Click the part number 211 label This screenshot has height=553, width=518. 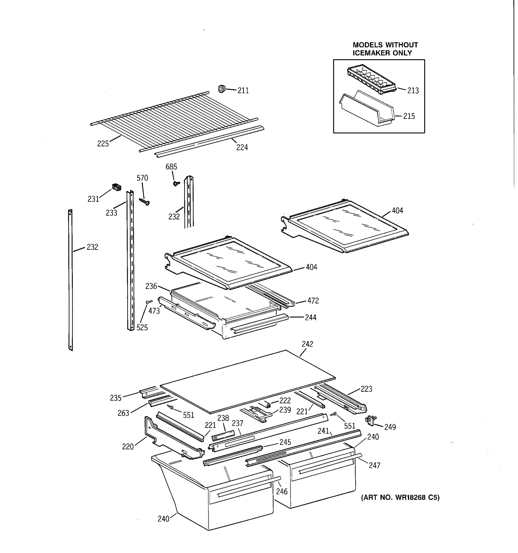(243, 91)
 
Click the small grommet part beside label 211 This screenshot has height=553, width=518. (222, 88)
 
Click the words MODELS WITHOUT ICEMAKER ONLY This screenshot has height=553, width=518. (385, 49)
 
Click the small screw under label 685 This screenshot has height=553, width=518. (176, 184)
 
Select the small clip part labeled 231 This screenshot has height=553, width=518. (117, 187)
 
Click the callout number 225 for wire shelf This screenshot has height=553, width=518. (103, 144)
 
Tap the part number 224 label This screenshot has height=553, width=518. (242, 147)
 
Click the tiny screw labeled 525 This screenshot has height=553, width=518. (149, 302)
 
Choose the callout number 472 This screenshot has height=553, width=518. (313, 301)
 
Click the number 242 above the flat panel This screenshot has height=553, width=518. (307, 344)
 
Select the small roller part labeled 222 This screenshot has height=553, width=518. (267, 405)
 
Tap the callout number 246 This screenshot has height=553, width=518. (282, 491)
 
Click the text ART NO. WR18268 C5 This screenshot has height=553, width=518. (400, 498)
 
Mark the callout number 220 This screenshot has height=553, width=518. (128, 447)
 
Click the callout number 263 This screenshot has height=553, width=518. (123, 413)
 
